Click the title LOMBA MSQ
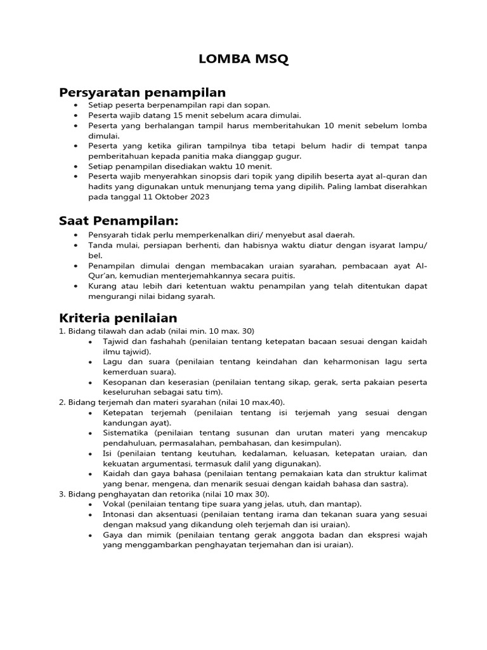point(243,60)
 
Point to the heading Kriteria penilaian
point(118,317)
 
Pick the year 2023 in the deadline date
point(197,197)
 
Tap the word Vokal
point(114,503)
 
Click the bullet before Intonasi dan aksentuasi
point(92,514)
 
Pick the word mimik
point(151,534)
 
